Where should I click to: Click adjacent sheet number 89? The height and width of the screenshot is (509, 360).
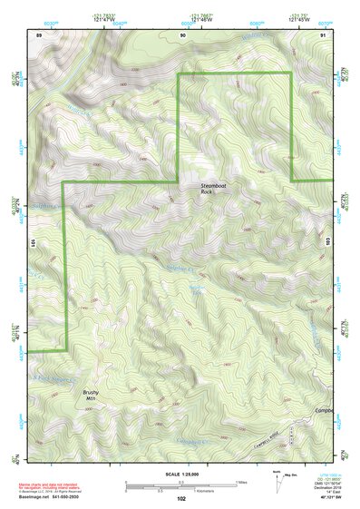tap(39, 34)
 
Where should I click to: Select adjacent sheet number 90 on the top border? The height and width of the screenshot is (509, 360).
tap(183, 34)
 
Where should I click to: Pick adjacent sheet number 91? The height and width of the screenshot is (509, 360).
tap(323, 34)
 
